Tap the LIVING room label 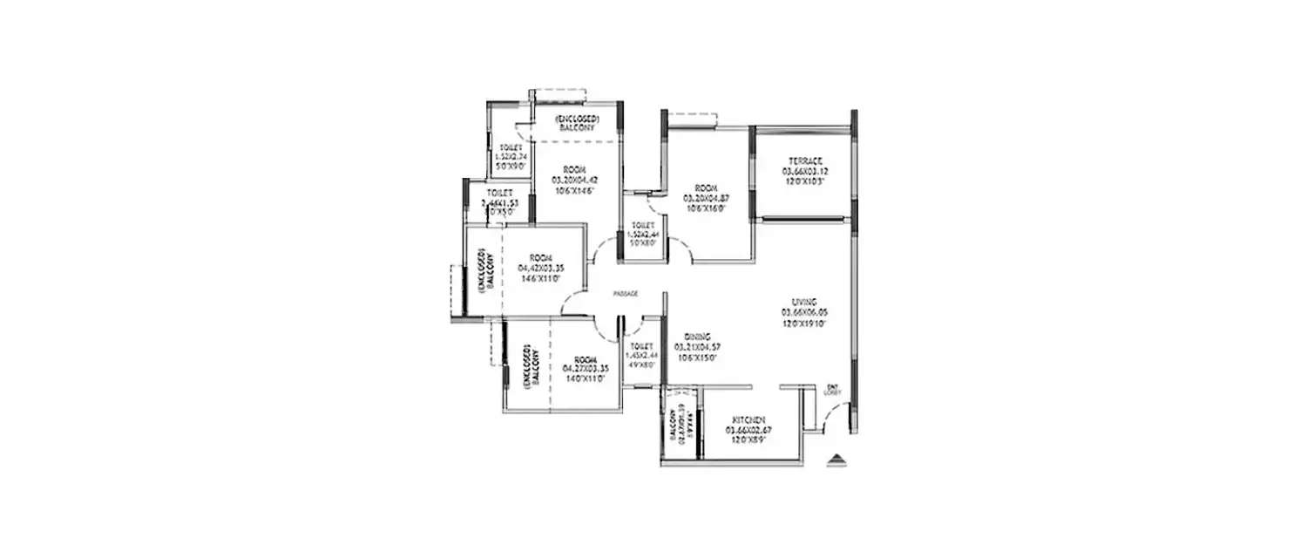click(803, 301)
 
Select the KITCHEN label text click(748, 419)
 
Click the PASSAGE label click(626, 295)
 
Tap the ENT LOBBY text click(832, 391)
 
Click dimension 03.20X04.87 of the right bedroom click(706, 198)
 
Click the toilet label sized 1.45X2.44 click(641, 356)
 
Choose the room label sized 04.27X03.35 click(586, 369)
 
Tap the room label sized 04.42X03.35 click(541, 268)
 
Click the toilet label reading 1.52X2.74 click(511, 156)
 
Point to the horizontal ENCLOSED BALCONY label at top click(576, 122)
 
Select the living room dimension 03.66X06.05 click(803, 311)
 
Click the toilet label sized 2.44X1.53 click(499, 201)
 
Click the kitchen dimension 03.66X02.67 click(748, 430)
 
